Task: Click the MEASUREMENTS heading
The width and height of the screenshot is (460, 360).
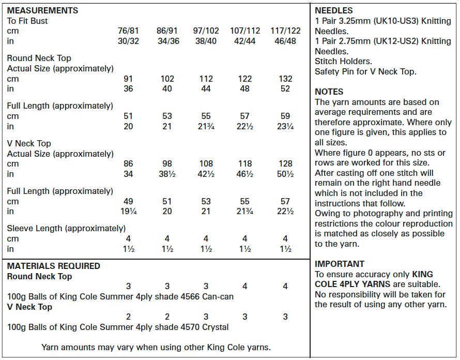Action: [x=43, y=11]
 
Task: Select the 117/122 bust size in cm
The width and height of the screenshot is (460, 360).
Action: [x=286, y=31]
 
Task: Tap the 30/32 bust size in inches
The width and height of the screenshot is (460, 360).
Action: [x=128, y=41]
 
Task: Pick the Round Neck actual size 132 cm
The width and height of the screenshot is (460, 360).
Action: [x=286, y=79]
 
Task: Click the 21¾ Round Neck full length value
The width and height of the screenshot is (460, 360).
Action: [x=206, y=126]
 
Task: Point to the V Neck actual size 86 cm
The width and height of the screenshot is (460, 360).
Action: [x=128, y=164]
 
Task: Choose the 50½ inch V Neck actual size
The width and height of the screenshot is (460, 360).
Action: [x=286, y=174]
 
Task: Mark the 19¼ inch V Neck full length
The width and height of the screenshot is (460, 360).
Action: [x=128, y=211]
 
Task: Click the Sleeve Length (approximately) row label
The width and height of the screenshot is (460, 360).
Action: [x=66, y=229]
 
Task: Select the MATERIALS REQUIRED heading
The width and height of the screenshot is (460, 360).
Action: [x=54, y=266]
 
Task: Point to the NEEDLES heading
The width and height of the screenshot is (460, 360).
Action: [x=334, y=11]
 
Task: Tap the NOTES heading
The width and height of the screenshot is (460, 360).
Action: [x=329, y=92]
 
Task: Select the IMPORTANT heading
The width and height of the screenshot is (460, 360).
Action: [x=340, y=264]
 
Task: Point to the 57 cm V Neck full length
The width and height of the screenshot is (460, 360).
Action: [x=286, y=201]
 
